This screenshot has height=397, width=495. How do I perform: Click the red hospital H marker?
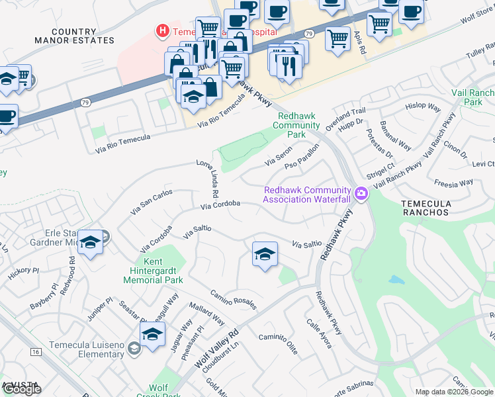point(161,30)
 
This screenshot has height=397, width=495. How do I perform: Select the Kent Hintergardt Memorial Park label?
point(154,271)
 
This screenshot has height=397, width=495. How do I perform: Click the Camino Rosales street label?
point(233,300)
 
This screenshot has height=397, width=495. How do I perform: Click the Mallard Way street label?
point(208,311)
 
